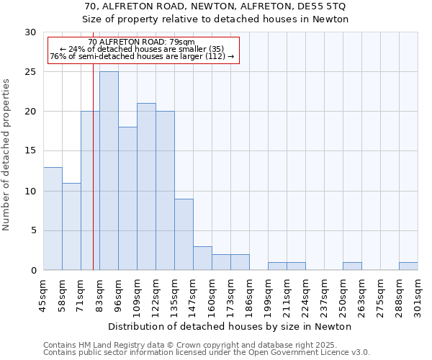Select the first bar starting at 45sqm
(x=53, y=219)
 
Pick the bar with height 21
(x=146, y=186)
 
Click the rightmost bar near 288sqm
(x=408, y=266)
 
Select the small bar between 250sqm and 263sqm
(x=352, y=266)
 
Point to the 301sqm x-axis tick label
(x=418, y=297)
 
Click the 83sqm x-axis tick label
(x=100, y=297)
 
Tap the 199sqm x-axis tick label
(x=269, y=297)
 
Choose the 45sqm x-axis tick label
(x=44, y=297)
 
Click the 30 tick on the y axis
(x=30, y=32)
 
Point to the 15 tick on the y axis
(x=30, y=151)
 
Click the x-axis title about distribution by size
(x=230, y=326)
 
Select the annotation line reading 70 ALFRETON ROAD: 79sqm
(x=141, y=42)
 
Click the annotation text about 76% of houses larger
(x=142, y=56)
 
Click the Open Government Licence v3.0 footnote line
(x=207, y=353)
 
